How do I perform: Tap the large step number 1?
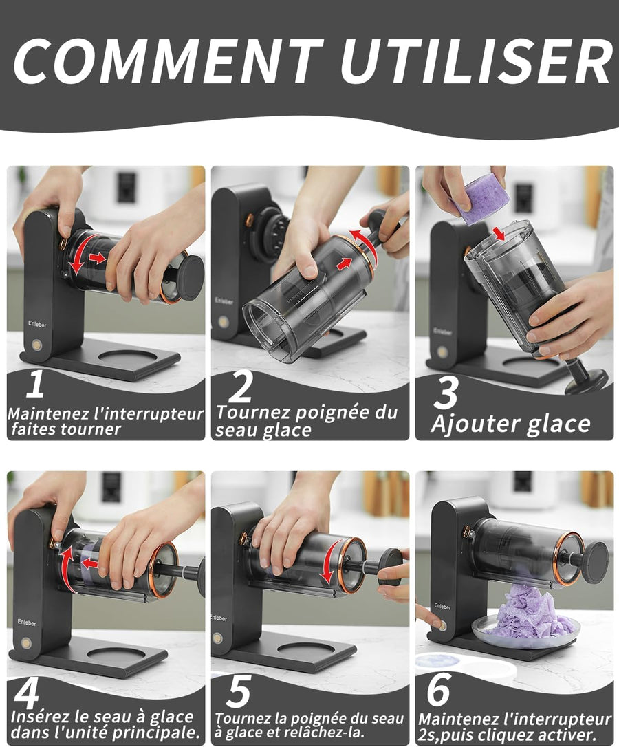35,384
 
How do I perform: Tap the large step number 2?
240,387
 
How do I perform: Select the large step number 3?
446,392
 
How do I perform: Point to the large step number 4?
27,695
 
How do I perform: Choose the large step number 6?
438,689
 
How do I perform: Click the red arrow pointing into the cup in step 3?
499,233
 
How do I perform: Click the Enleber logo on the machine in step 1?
37,325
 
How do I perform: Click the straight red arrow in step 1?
97,258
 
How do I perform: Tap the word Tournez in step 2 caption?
252,411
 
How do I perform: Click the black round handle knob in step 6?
595,562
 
